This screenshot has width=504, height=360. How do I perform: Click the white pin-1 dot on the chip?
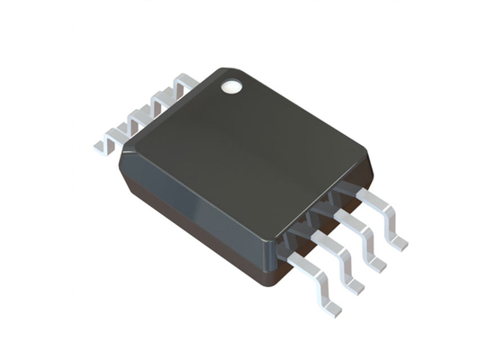232,86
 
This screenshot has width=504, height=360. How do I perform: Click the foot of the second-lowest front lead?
355,285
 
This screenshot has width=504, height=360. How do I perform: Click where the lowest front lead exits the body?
286,257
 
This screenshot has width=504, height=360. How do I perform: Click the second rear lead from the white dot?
162,102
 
